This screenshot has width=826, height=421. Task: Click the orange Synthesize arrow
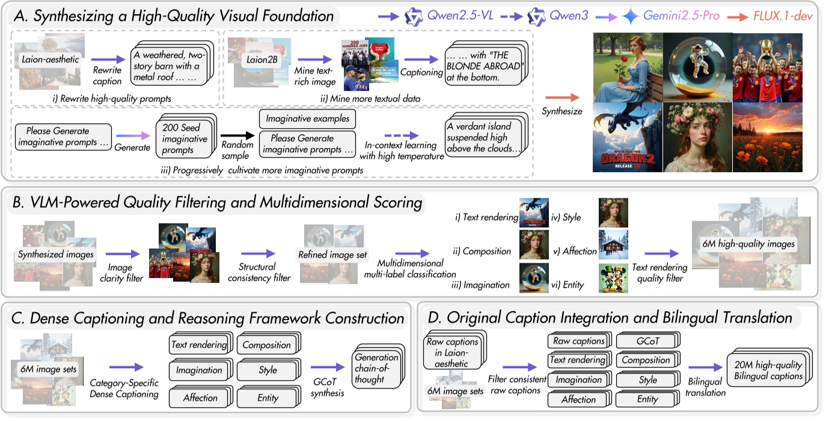(x=561, y=96)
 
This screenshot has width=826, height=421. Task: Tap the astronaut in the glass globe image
(x=697, y=66)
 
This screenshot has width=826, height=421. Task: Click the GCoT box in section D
(x=647, y=340)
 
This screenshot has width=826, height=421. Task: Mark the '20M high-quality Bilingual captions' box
(x=765, y=370)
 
